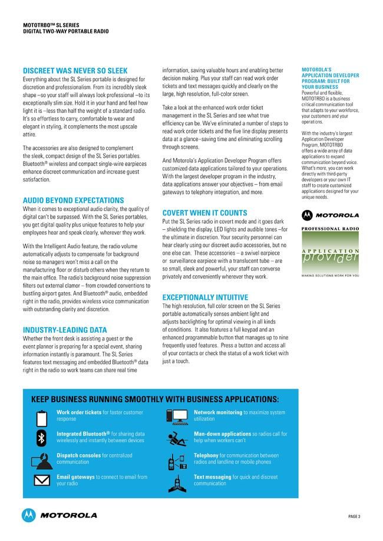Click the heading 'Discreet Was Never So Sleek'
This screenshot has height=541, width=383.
click(x=74, y=71)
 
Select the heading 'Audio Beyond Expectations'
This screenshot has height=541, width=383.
click(x=73, y=201)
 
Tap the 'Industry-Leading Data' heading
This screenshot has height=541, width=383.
click(x=65, y=330)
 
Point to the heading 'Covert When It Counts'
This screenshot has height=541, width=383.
click(x=204, y=212)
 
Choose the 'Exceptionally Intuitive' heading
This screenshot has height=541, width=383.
click(x=205, y=298)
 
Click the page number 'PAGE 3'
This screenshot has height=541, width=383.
click(x=354, y=516)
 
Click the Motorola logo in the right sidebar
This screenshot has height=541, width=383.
click(x=330, y=215)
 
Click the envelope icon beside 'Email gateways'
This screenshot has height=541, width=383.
click(x=41, y=480)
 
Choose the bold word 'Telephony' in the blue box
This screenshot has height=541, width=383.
click(x=206, y=455)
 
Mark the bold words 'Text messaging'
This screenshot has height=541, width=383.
click(x=212, y=477)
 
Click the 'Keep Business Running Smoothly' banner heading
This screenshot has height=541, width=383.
click(x=155, y=399)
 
